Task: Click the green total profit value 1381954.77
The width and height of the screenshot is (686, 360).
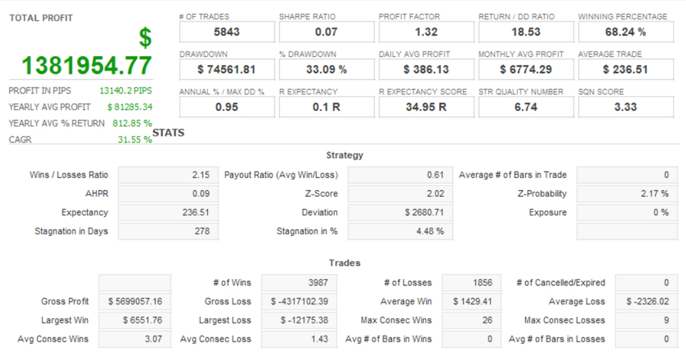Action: [x=86, y=65]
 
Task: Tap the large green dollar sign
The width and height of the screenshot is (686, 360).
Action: [x=145, y=38]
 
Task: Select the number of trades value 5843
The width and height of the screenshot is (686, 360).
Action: [x=226, y=32]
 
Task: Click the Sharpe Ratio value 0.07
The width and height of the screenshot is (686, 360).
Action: [x=326, y=32]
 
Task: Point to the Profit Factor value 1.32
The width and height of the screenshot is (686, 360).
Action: [x=425, y=32]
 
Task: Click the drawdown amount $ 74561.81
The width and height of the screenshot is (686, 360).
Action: [x=226, y=69]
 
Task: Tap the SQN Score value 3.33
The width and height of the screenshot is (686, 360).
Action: [x=625, y=107]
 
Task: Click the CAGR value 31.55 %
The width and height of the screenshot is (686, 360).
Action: [x=134, y=140]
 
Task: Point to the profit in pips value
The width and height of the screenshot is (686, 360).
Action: [x=126, y=91]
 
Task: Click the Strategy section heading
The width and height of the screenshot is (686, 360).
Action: [x=344, y=156]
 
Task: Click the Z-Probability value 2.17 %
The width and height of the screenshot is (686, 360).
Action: [x=654, y=194]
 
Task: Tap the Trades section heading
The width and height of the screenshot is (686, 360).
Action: [x=344, y=263]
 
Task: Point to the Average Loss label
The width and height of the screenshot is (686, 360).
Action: [x=577, y=302]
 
